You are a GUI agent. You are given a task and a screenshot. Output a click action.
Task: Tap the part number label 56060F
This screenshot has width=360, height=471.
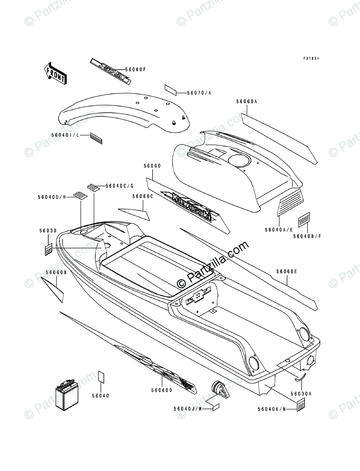click(x=136, y=70)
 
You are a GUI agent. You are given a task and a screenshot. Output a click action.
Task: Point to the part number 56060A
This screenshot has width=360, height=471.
click(x=246, y=101)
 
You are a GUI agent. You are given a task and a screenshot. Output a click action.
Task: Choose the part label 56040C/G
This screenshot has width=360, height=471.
click(x=117, y=186)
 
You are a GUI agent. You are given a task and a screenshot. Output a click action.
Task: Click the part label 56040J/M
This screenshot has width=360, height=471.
click(x=188, y=409)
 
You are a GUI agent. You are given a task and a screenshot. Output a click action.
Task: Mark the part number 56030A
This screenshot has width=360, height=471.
click(x=301, y=394)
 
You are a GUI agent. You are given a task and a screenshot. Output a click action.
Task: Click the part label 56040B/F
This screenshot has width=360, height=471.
click(x=304, y=235)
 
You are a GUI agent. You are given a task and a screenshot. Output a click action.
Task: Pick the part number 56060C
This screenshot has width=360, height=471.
click(x=143, y=196)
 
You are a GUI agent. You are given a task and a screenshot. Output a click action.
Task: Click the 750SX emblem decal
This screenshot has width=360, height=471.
click(x=110, y=67)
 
